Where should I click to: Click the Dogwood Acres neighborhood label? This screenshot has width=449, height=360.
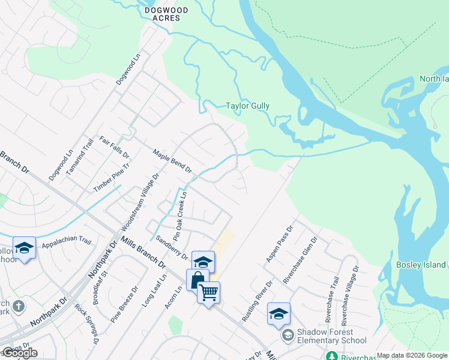click(x=163, y=14)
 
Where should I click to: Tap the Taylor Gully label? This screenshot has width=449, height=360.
click(x=247, y=106)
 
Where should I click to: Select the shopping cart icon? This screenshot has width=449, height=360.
click(x=208, y=292)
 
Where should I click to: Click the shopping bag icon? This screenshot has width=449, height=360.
click(x=197, y=280)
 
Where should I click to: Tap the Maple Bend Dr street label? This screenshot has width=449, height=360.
click(x=172, y=161)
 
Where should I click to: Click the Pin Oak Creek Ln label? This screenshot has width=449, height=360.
click(x=179, y=212)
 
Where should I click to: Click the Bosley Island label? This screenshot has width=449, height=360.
click(x=421, y=265)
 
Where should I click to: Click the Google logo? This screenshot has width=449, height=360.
click(x=20, y=353)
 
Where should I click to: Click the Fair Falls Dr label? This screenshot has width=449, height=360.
click(x=115, y=147)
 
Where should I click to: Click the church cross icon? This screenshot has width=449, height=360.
click(x=18, y=306)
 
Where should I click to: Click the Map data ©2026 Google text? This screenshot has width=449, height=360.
click(x=411, y=355)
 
